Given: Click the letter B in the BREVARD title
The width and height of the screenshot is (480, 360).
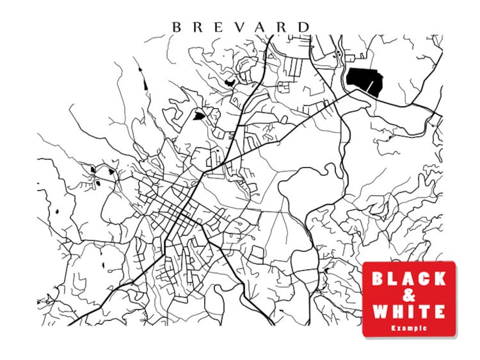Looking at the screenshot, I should click(177, 27).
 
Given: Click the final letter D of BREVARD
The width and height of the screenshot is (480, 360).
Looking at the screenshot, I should click(304, 27).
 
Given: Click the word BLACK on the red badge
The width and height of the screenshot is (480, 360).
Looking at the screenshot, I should click(409, 278).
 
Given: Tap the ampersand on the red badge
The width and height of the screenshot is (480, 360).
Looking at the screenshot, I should click(409, 295).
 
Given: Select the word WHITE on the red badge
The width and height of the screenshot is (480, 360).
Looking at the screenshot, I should click(409, 312).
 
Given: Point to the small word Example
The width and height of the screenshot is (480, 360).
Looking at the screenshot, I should click(409, 328).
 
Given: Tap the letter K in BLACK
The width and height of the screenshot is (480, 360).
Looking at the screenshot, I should click(439, 278).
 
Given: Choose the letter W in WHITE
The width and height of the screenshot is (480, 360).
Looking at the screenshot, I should click(379, 312).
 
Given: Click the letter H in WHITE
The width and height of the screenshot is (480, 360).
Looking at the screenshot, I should click(395, 312).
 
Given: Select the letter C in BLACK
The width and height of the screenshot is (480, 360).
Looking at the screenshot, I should click(424, 278).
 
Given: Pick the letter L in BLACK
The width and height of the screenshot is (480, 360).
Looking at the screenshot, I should click(394, 278).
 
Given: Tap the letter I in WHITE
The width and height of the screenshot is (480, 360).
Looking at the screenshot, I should click(409, 312).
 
